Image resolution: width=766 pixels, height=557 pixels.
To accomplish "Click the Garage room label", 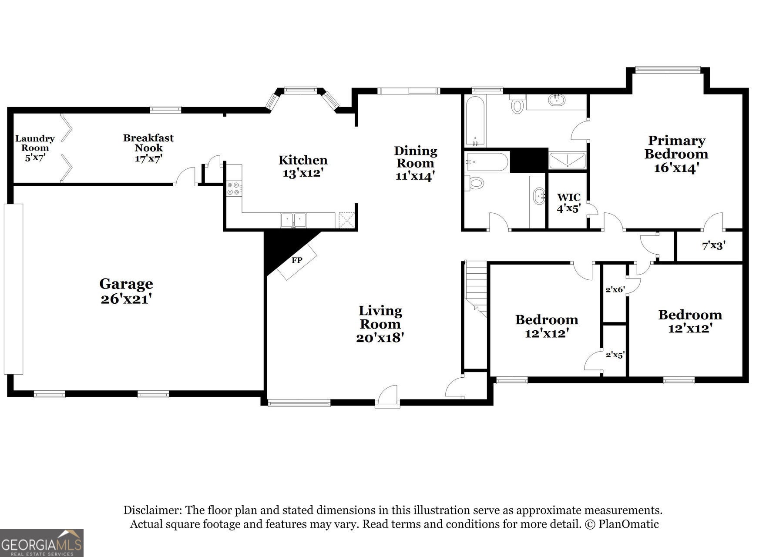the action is (126, 284).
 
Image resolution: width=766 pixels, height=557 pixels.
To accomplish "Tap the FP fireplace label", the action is (297, 260).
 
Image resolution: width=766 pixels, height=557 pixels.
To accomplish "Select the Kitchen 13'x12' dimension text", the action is (303, 173).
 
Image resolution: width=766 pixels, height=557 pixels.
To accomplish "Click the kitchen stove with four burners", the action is (234, 188).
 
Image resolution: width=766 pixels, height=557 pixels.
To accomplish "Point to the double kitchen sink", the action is (293, 220).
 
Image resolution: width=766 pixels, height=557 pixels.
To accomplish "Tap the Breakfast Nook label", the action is (148, 143).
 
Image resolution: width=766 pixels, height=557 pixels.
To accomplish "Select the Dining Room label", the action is (415, 157).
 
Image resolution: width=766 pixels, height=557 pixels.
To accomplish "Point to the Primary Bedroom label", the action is (676, 147).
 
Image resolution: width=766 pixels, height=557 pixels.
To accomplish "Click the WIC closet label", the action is (569, 198).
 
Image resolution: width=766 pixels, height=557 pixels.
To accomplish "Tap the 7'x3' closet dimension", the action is (713, 246).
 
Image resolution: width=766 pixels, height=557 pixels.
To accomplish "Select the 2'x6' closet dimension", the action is (615, 289).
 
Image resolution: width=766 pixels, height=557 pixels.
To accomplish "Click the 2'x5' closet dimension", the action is (615, 355).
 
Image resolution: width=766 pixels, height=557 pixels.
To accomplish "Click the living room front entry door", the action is (388, 397).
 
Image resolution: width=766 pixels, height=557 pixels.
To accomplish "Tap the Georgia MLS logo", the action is (41, 543).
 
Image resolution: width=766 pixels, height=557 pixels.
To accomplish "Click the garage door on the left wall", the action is (13, 289).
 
